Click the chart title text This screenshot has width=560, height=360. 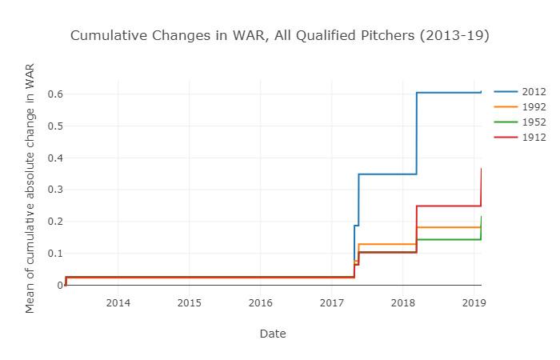coord(279,35)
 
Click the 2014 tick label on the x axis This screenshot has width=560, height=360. coord(118,303)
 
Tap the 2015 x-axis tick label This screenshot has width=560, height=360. coord(190,303)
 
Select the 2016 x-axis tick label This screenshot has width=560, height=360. coord(261,303)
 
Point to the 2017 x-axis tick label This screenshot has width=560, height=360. coord(332,303)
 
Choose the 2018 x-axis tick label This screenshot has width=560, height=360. coord(403,303)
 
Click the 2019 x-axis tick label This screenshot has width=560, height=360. coord(474,303)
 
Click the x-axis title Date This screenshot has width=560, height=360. coord(273,334)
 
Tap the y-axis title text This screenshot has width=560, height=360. coord(30,188)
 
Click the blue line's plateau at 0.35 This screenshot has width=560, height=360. coord(388,174)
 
